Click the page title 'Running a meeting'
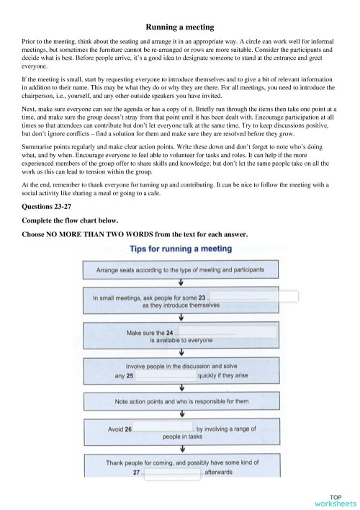[180, 27]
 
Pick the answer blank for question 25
[166, 375]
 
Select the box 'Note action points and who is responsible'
[180, 401]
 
